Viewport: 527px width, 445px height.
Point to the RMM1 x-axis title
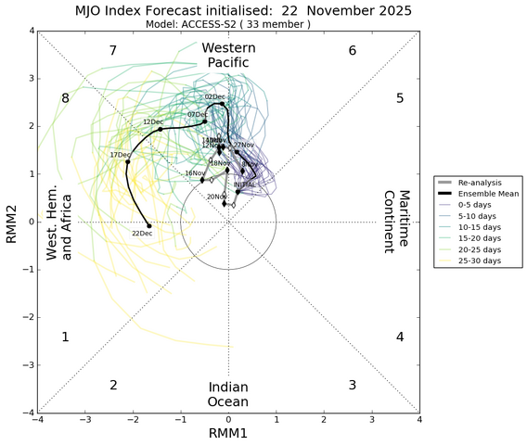click(x=227, y=434)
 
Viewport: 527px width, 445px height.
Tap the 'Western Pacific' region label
click(x=226, y=55)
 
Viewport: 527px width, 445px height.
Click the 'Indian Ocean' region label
click(x=227, y=394)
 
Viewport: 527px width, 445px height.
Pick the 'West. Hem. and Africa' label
click(x=59, y=222)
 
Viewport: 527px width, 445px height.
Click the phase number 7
click(x=112, y=50)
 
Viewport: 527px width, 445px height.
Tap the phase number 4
click(x=400, y=337)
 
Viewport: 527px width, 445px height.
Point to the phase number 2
click(x=113, y=385)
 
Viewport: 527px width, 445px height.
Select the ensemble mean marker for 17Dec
click(x=128, y=162)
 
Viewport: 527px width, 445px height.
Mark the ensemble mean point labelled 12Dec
click(x=161, y=129)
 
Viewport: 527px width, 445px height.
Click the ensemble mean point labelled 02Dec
click(x=223, y=104)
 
